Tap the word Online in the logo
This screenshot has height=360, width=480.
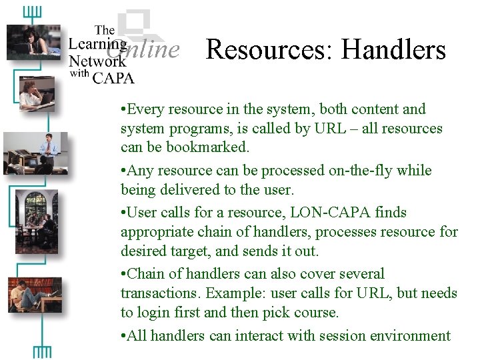(x=153, y=49)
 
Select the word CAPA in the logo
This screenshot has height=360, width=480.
(x=113, y=78)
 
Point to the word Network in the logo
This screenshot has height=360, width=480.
(x=97, y=61)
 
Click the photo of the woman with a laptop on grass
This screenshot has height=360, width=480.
(x=33, y=41)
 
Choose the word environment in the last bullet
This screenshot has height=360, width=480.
(x=403, y=335)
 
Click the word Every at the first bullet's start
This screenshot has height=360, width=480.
(x=145, y=109)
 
